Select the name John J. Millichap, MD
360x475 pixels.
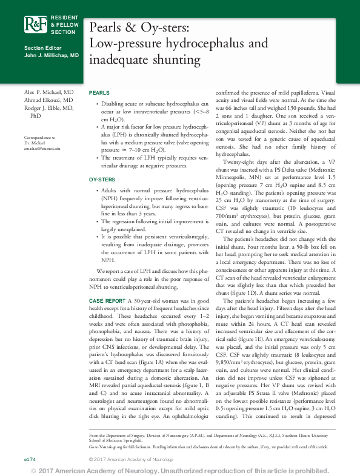(51, 55)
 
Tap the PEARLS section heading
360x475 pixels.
(99, 92)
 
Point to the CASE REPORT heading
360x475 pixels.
(107, 301)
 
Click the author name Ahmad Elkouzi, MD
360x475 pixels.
(48, 99)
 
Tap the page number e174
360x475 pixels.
(30, 460)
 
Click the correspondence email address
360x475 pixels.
(42, 148)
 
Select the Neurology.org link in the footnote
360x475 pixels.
(110, 446)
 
